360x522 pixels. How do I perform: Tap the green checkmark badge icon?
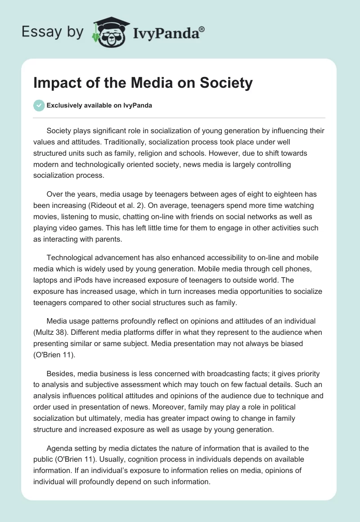click(39, 105)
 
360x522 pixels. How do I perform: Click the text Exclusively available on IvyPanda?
click(99, 105)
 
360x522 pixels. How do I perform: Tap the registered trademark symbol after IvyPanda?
click(202, 29)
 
